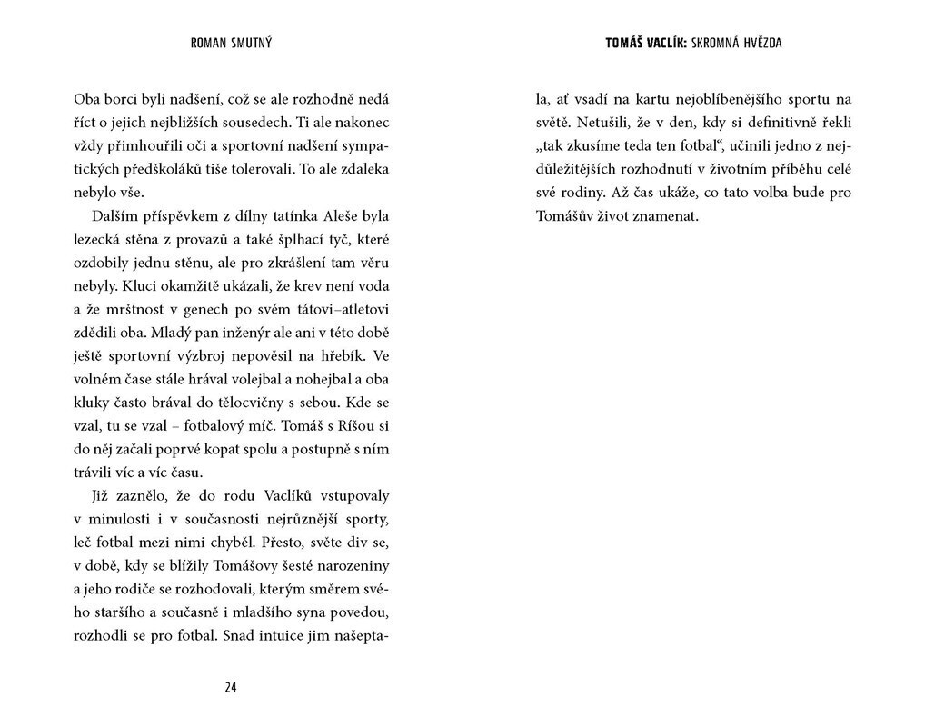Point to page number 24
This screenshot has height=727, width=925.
(230, 688)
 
